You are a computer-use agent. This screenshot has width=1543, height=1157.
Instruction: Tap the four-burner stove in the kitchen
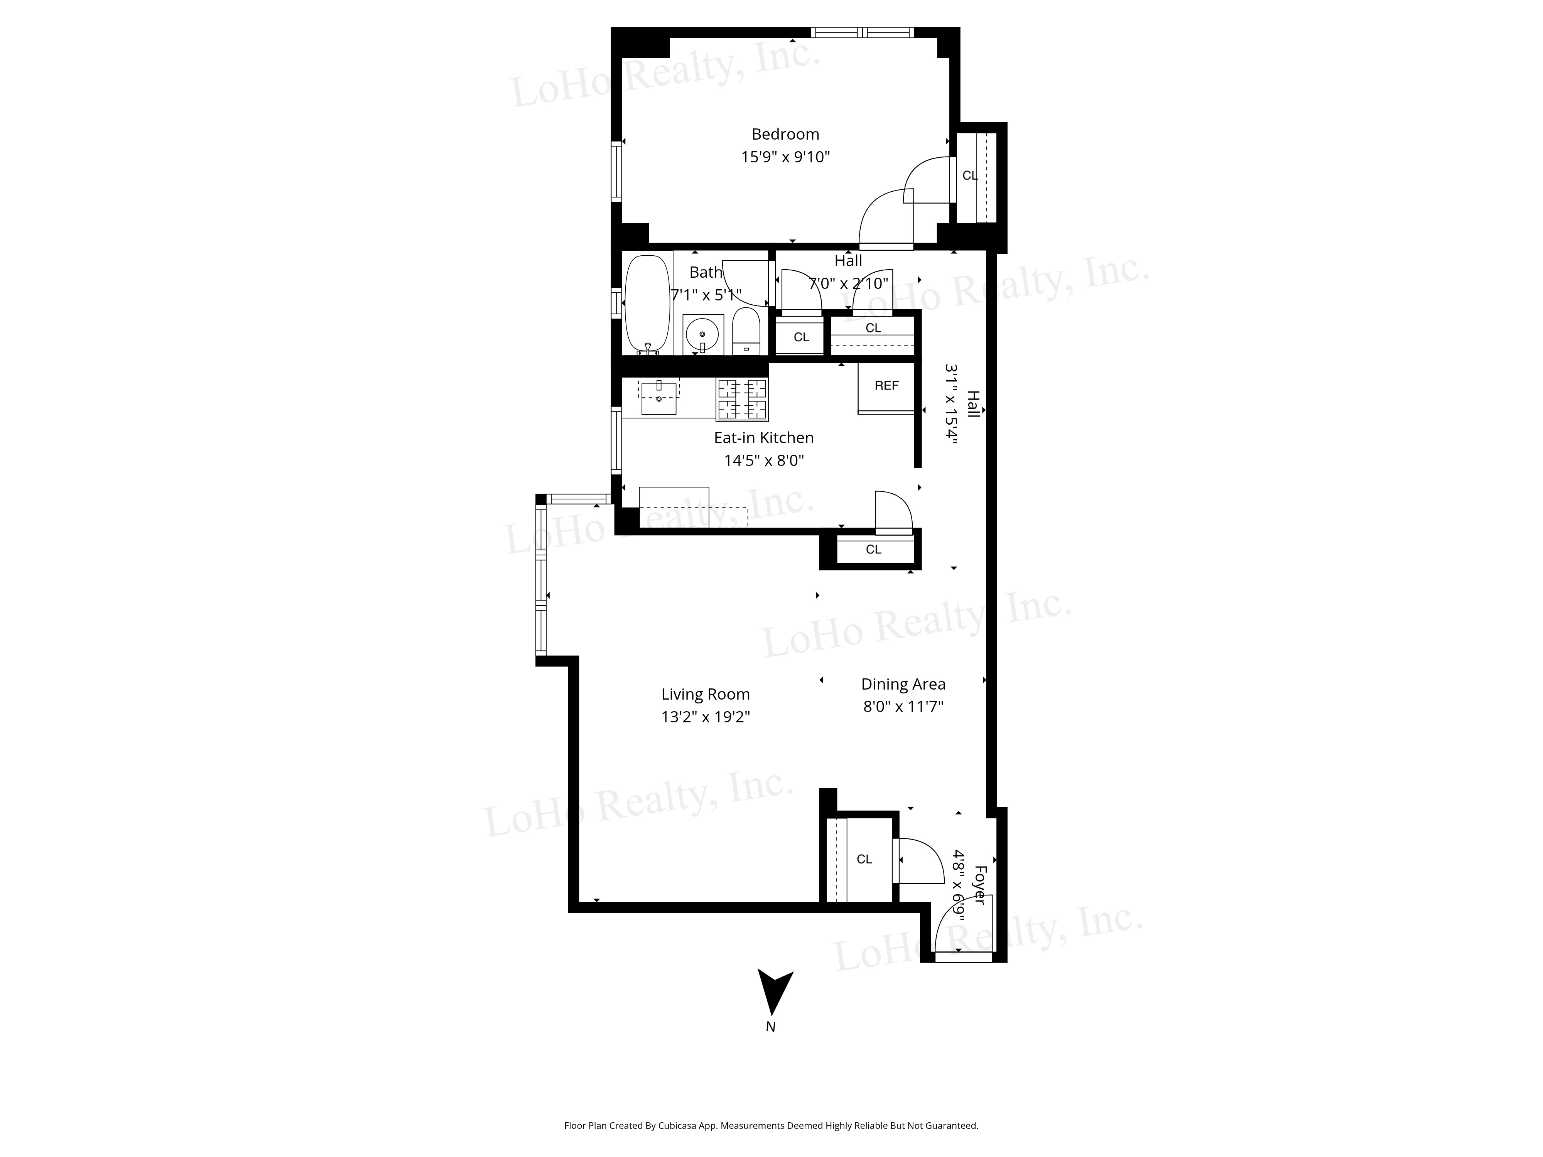click(x=742, y=400)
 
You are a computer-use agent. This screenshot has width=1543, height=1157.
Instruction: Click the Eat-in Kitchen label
click(x=764, y=438)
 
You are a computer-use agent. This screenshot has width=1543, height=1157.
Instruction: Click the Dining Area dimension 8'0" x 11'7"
click(x=903, y=707)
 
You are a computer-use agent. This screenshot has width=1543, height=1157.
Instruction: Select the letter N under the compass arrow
click(x=770, y=1027)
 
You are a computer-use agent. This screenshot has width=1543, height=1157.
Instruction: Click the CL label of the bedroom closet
click(x=970, y=176)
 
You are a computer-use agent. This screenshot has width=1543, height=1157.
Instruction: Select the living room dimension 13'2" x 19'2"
click(x=705, y=717)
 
